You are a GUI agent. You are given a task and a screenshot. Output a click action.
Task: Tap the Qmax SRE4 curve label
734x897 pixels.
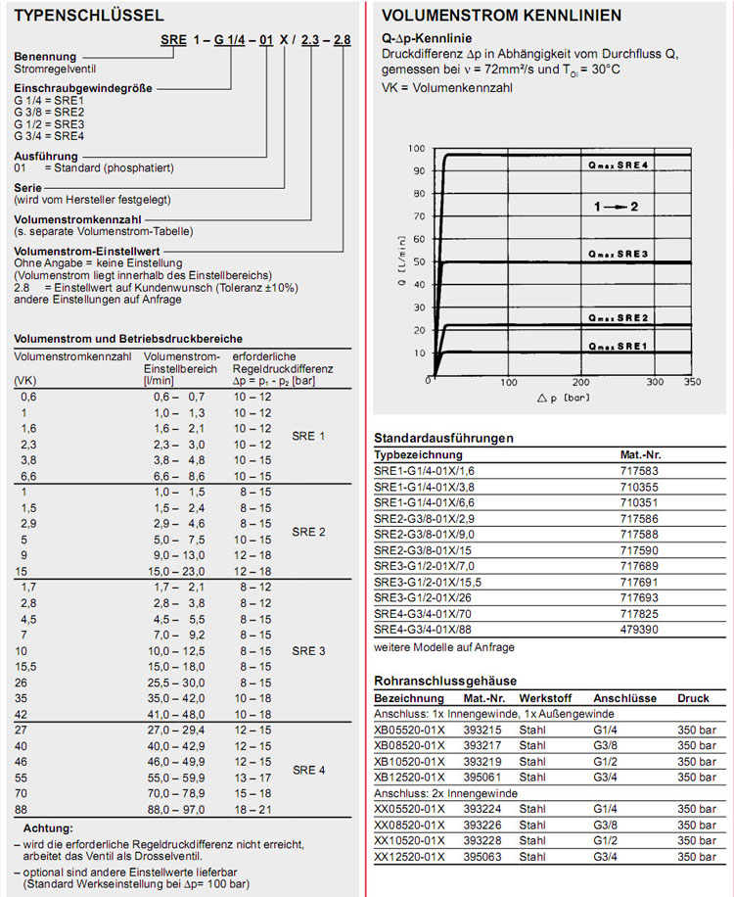[x=619, y=165]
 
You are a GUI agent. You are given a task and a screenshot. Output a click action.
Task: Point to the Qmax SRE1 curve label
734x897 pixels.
[x=619, y=346]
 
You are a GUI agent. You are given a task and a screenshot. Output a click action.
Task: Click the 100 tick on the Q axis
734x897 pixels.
[x=417, y=149]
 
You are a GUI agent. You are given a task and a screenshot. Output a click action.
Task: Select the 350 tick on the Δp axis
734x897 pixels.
[x=693, y=381]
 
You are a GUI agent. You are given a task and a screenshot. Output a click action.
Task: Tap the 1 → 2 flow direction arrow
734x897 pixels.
[x=616, y=207]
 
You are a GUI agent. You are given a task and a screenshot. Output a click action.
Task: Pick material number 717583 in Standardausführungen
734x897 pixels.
[x=640, y=471]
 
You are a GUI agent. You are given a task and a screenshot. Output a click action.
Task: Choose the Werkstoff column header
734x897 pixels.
[x=546, y=698]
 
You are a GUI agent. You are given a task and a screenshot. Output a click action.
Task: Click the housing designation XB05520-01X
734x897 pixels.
[x=409, y=730]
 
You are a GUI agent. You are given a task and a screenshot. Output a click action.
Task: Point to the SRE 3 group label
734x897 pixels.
[x=308, y=650]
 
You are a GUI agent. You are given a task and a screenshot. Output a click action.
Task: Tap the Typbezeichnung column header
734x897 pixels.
[x=419, y=455]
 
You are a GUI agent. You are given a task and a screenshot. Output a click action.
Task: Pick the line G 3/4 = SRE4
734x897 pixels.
[x=49, y=136]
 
